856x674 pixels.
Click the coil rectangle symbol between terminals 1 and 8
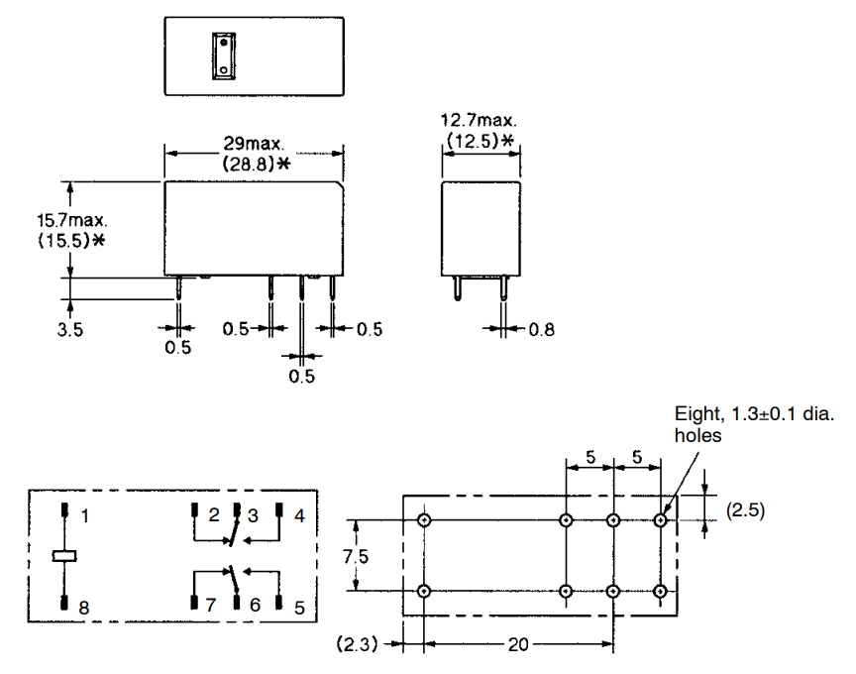(66, 557)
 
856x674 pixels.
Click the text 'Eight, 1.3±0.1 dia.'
(752, 417)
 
